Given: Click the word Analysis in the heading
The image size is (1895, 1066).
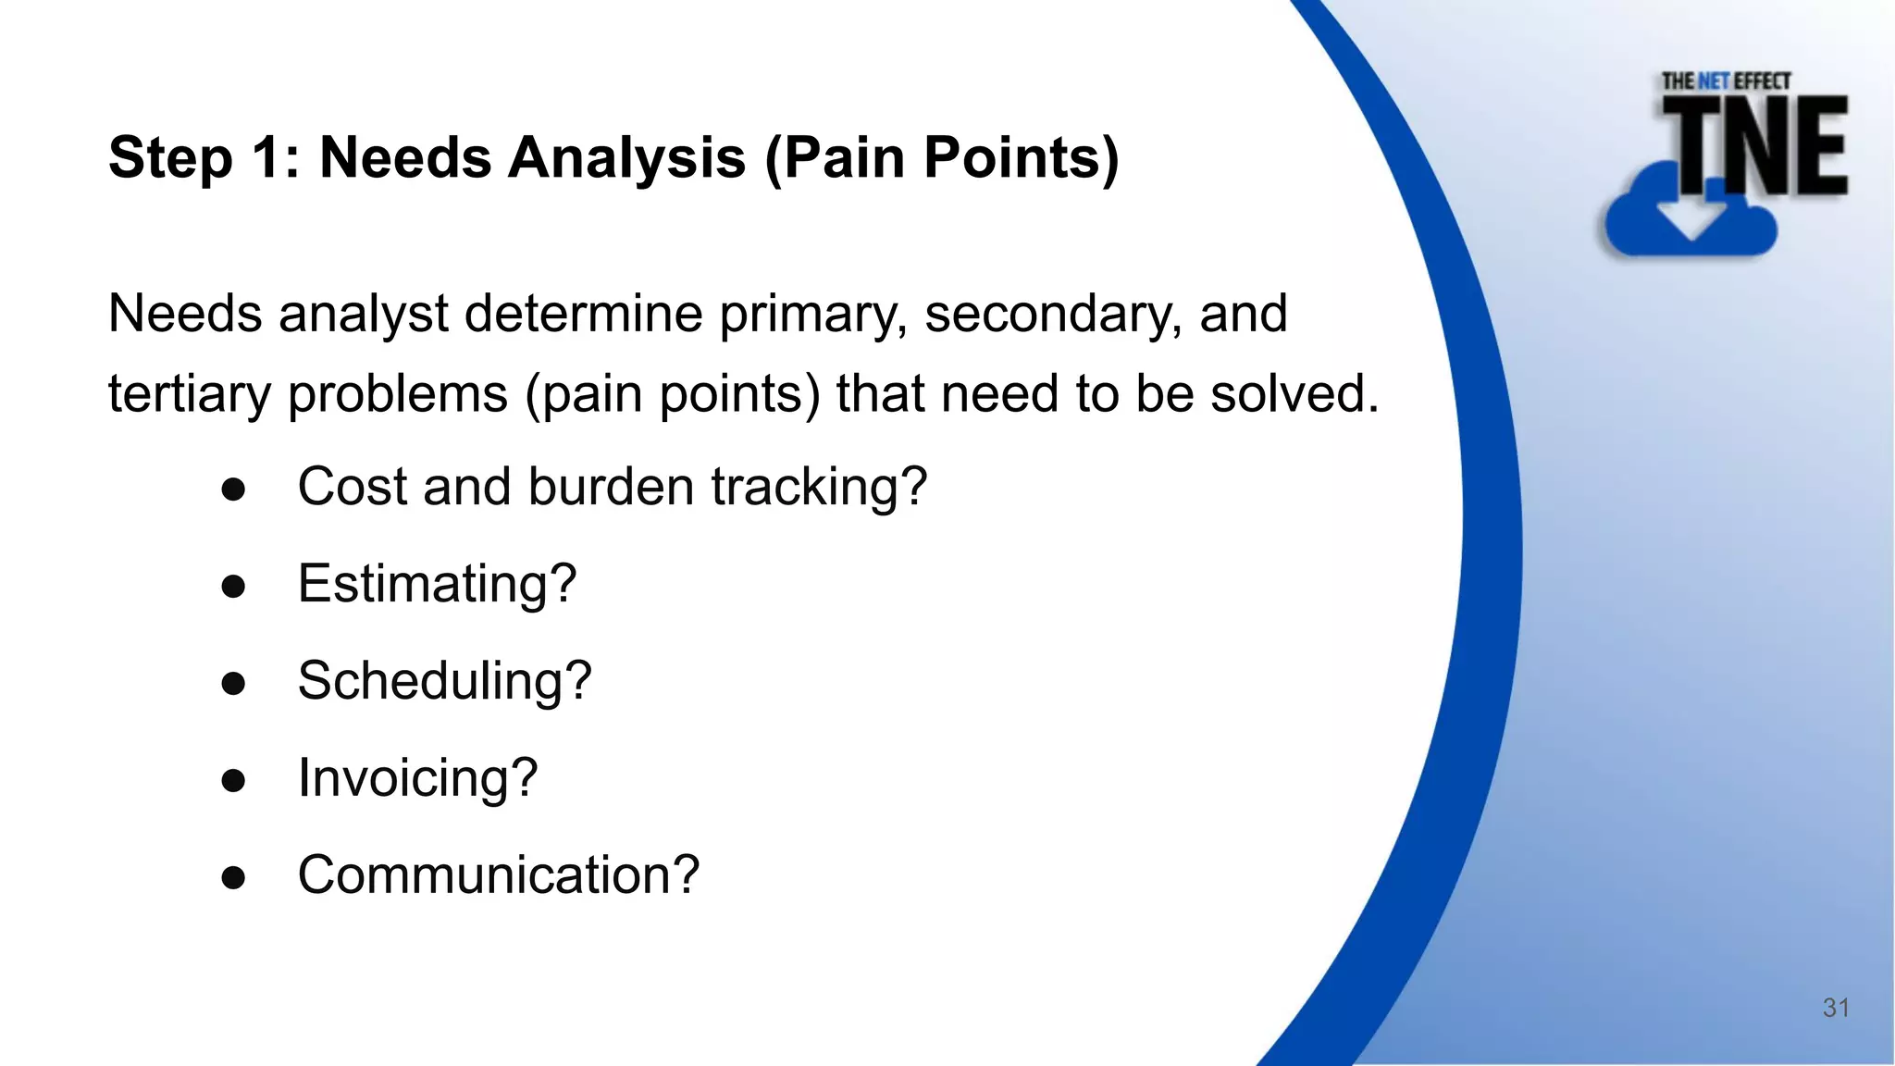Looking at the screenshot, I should coord(626,157).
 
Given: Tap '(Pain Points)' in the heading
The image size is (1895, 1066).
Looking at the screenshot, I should coord(942,157).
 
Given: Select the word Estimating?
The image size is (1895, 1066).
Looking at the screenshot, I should coord(437,584).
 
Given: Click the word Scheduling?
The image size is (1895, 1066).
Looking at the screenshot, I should coord(444,681).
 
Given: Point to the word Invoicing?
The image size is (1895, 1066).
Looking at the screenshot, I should coord(417,778).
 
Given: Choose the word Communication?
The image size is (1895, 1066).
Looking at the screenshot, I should coord(498,875).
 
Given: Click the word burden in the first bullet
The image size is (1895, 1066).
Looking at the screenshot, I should coord(611,487).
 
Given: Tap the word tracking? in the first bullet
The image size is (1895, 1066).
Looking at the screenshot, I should coord(819,487).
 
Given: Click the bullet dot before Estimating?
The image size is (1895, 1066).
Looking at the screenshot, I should coord(233,586).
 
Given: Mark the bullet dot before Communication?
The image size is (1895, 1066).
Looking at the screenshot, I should coord(233,877).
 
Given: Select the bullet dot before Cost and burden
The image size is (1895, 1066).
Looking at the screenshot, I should coord(233,489).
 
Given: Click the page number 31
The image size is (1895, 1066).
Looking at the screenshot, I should coord(1836,1008).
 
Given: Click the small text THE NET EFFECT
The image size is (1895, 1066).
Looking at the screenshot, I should coord(1726,81).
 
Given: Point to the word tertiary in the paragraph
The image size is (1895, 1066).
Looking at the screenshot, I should coord(189,394).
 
